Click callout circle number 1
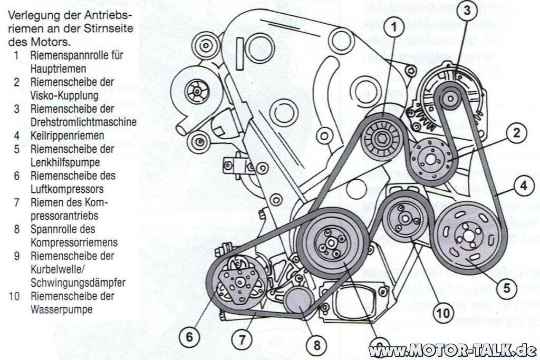click(x=396, y=26)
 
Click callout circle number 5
click(x=505, y=288)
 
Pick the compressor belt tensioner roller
click(x=298, y=300)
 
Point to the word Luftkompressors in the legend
click(x=66, y=189)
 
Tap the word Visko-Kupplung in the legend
click(x=64, y=95)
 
